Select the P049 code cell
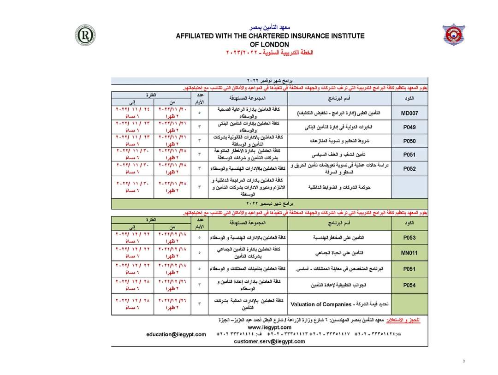coord(409,127)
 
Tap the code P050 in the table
coord(409,141)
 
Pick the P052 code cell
coord(409,169)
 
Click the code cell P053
coord(409,238)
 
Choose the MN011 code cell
coord(409,253)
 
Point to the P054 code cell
coord(409,285)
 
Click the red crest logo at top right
coord(454,35)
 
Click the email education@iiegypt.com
coord(176,334)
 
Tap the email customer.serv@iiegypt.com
coord(269,341)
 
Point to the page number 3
coord(464,361)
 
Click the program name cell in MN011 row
coord(339,253)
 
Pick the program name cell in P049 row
coord(339,127)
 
